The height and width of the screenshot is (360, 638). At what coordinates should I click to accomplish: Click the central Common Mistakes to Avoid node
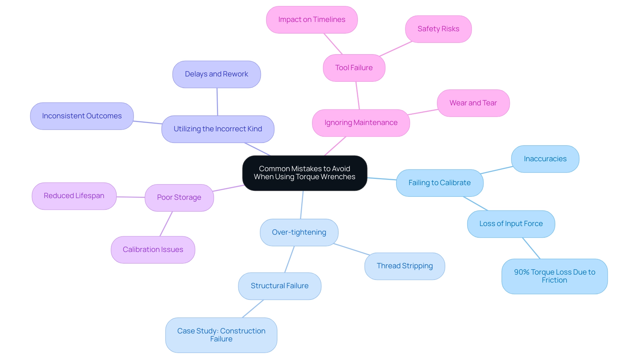(305, 173)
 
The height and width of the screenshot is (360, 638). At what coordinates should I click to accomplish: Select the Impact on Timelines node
(312, 20)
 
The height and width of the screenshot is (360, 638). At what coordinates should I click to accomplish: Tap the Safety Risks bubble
(438, 29)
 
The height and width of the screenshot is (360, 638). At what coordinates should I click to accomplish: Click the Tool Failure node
(354, 68)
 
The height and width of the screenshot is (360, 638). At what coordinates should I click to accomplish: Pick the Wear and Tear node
(473, 103)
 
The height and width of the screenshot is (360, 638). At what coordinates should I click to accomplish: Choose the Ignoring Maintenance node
(361, 123)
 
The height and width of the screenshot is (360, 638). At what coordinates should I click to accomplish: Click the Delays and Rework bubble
(216, 74)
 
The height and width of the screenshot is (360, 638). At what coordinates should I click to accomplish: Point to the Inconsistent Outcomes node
(82, 116)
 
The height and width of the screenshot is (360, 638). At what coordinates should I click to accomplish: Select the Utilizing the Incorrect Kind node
(218, 129)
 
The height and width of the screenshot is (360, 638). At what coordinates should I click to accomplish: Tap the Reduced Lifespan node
(74, 196)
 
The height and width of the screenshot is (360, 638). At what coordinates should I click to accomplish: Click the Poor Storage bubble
(179, 197)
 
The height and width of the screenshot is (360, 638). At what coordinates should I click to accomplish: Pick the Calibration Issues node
(153, 250)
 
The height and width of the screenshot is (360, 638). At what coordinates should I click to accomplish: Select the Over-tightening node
(299, 232)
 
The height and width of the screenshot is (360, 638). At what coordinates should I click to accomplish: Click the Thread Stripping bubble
(404, 266)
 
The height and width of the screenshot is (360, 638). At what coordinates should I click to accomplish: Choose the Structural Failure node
(279, 286)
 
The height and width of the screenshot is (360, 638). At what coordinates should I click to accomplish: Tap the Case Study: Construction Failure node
(221, 335)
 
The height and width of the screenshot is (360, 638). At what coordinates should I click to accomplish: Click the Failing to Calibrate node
(439, 183)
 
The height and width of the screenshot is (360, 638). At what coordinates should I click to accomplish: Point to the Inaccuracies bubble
(545, 159)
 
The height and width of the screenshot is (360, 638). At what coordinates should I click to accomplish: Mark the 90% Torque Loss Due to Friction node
(554, 276)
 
